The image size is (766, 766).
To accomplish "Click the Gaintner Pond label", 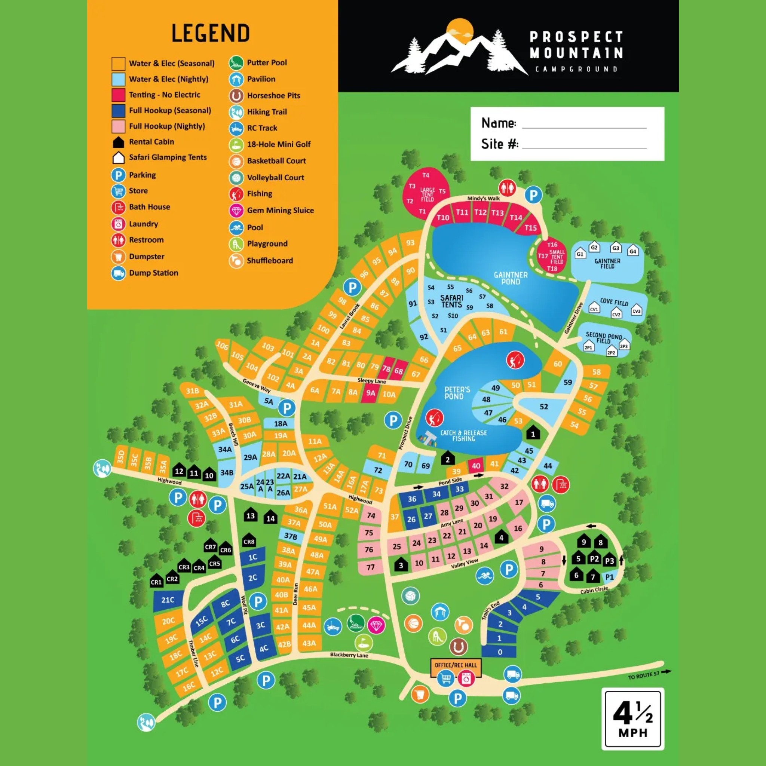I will pos(510,278).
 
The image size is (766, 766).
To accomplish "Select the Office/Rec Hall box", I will pos(456,665).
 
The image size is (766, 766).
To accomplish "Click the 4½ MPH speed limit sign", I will pos(632,718).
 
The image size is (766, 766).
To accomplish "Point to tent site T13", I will pos(497,213).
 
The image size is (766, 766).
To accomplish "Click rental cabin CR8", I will pos(249,541).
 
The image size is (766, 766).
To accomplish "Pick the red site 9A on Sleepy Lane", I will pos(370,393).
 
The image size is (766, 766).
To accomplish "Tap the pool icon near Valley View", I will pos(484,575).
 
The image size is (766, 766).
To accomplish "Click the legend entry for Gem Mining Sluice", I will pos(280,211).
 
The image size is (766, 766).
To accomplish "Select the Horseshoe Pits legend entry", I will pos(273,95).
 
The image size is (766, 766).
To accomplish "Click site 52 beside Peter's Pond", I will pos(543,407).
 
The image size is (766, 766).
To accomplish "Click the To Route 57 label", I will pos(643,674).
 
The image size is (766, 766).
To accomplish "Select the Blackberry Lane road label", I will pos(349,655).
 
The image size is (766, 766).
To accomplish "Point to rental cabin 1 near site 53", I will pos(533,433).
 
